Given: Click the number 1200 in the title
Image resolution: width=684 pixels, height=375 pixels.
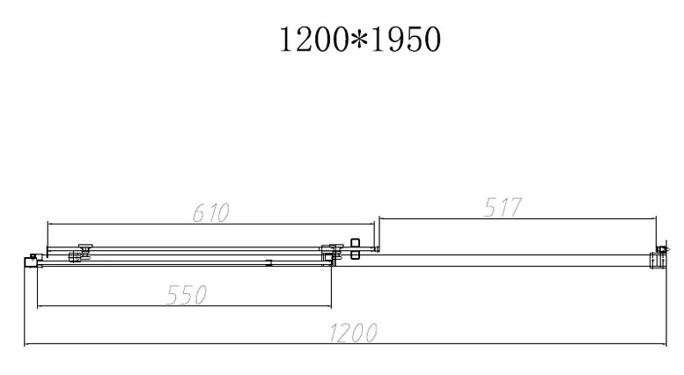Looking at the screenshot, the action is tap(313, 40).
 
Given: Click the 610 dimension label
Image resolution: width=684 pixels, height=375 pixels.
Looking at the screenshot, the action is tap(210, 213).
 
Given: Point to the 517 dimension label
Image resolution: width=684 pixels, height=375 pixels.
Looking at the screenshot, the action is tap(503, 208).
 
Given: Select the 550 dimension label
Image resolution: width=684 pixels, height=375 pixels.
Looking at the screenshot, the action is tap(187, 295).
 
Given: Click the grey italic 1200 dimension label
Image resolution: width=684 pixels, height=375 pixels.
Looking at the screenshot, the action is tap(353, 334).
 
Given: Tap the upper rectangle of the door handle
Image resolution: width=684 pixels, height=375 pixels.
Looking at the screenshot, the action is tap(355, 243).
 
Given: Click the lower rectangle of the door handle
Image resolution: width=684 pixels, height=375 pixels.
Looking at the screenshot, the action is tap(355, 254).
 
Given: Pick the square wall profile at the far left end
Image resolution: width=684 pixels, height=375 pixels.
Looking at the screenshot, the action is tap(31, 262).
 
